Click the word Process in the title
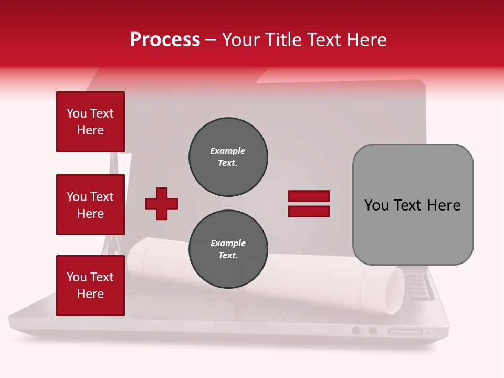(x=165, y=40)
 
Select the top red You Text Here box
(x=90, y=122)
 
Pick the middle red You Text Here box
(x=90, y=205)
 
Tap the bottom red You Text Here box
(x=90, y=286)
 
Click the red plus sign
(x=162, y=204)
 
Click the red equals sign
(x=309, y=204)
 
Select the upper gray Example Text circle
(x=228, y=157)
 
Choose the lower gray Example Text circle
(x=228, y=249)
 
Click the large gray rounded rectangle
(x=413, y=205)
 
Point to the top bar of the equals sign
(x=309, y=196)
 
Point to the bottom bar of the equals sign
(x=309, y=212)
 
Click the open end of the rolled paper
(x=394, y=292)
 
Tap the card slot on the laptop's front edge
(x=405, y=331)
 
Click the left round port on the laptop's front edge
(x=356, y=331)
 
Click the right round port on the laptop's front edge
(x=373, y=331)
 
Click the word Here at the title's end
(x=367, y=40)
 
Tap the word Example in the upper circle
(x=227, y=151)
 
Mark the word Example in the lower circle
(x=228, y=243)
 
